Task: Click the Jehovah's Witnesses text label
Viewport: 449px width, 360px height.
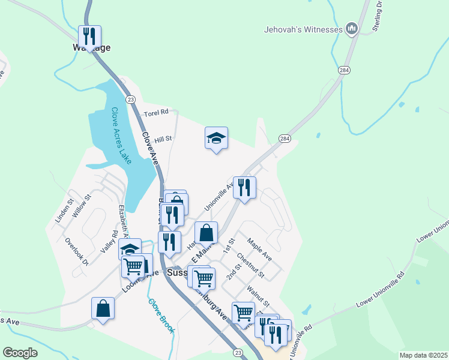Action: (303, 29)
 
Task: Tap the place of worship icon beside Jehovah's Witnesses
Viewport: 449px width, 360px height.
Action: (352, 28)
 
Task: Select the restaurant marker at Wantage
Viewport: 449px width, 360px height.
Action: (90, 36)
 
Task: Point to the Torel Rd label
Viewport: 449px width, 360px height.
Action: (157, 112)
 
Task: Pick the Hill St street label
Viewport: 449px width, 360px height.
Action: (163, 139)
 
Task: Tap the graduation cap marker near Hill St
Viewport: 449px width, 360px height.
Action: (216, 139)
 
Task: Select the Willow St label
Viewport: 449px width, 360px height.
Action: (82, 205)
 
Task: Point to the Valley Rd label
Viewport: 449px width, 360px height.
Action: (109, 241)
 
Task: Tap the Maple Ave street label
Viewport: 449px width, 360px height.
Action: (259, 251)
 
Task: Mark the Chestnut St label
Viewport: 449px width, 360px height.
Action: (250, 265)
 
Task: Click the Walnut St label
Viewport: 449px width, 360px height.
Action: (258, 294)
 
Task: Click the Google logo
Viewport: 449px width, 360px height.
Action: (20, 353)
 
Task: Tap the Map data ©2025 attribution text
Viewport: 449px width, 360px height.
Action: (423, 355)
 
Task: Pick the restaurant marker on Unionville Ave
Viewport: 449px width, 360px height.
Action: (244, 188)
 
